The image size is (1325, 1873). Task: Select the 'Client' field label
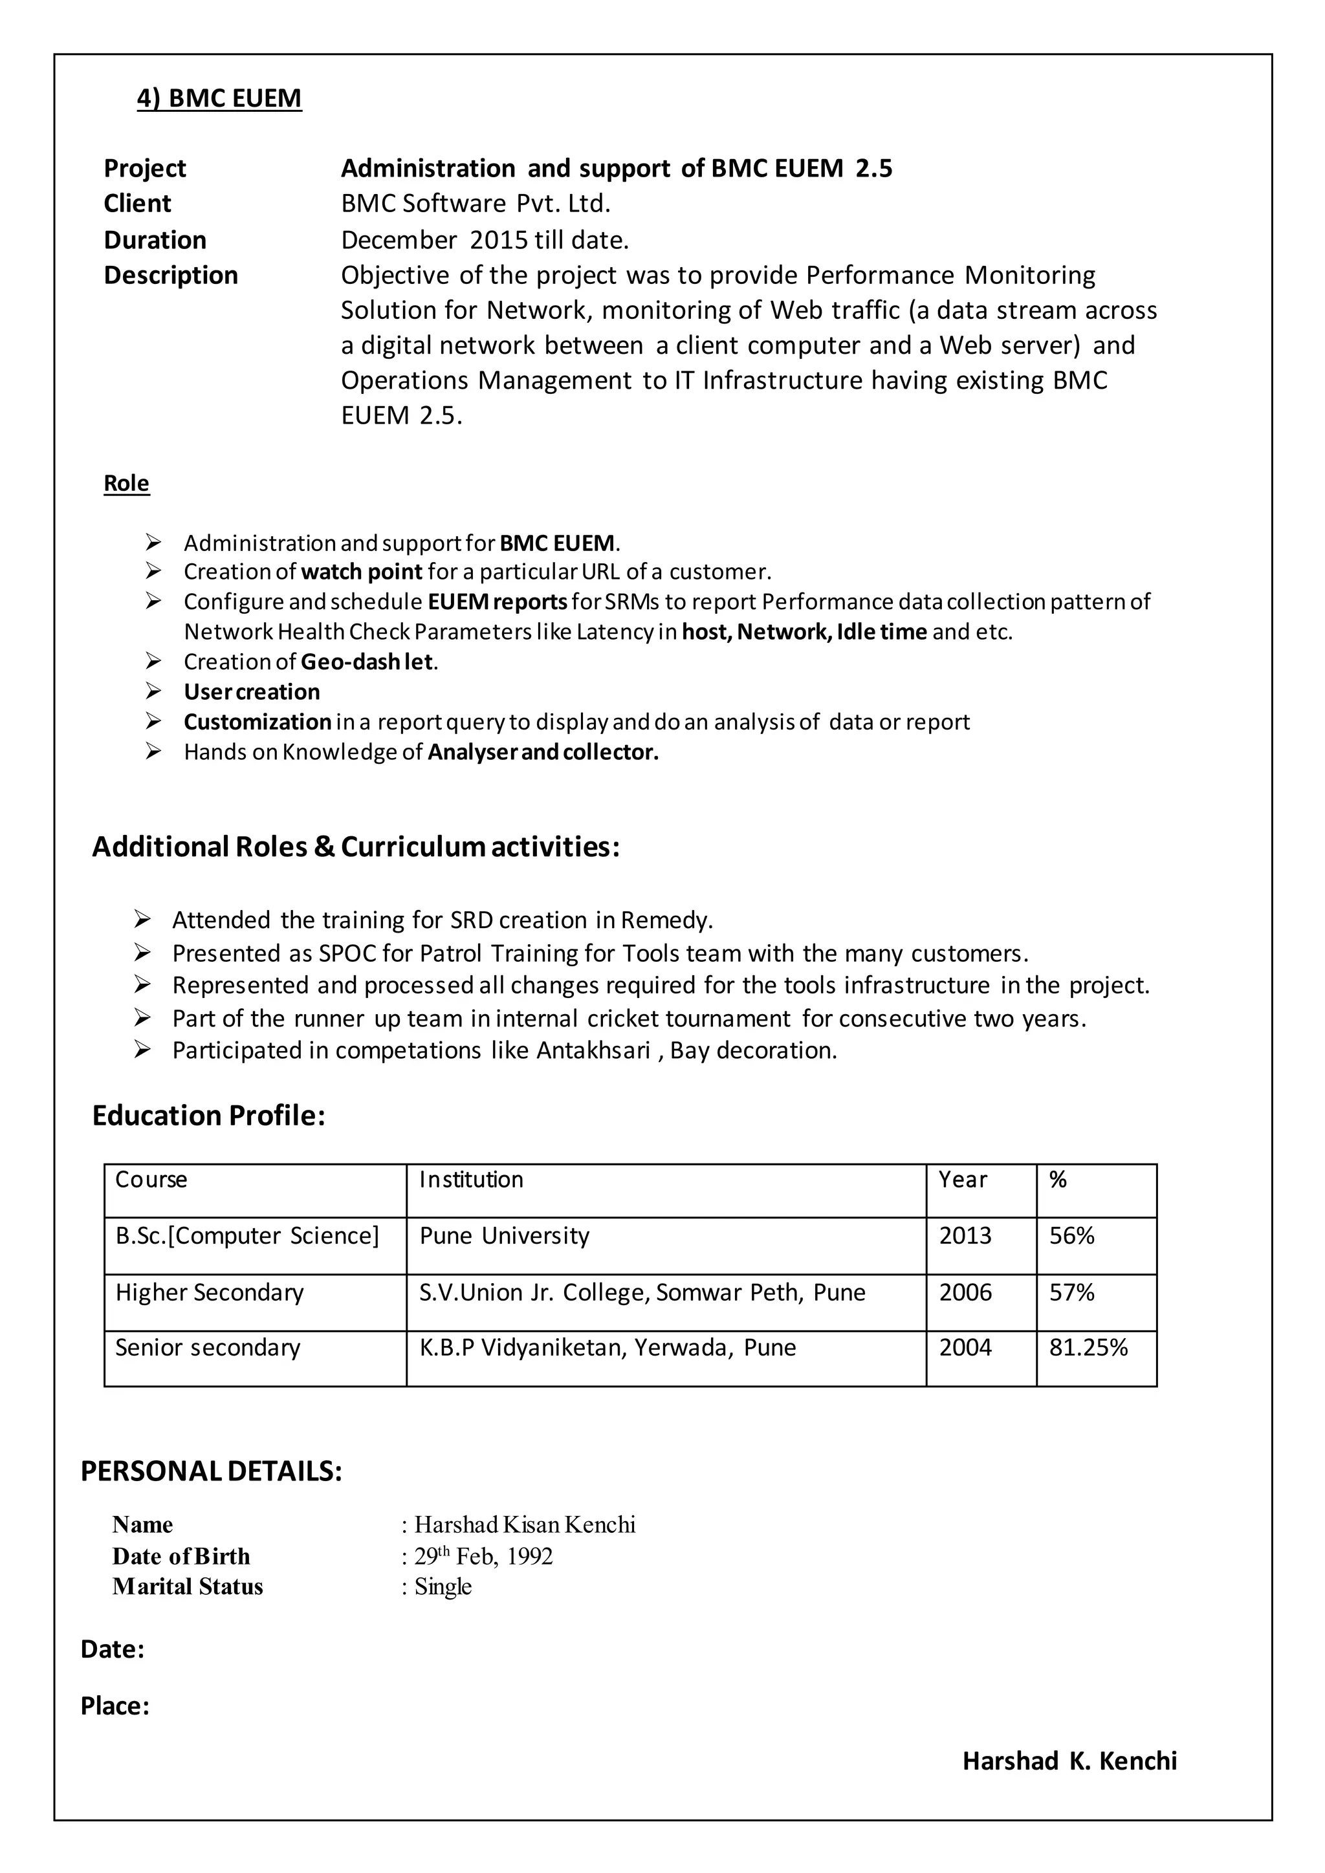[137, 203]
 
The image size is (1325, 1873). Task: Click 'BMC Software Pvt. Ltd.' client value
[476, 203]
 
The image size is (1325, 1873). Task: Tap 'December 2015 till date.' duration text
[485, 240]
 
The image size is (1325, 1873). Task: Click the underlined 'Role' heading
[126, 483]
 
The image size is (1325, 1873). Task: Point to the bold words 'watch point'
[362, 571]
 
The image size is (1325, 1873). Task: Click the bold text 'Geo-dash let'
[366, 662]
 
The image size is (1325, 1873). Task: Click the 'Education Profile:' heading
[209, 1115]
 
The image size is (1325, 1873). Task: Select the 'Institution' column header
[471, 1180]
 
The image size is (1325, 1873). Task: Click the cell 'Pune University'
[504, 1236]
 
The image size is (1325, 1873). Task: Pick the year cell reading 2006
[965, 1292]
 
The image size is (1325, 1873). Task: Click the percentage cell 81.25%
[1088, 1348]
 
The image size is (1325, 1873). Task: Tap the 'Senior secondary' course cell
[208, 1348]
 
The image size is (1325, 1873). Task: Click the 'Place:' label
[115, 1707]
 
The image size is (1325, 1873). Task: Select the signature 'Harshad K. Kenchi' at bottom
[1069, 1761]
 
